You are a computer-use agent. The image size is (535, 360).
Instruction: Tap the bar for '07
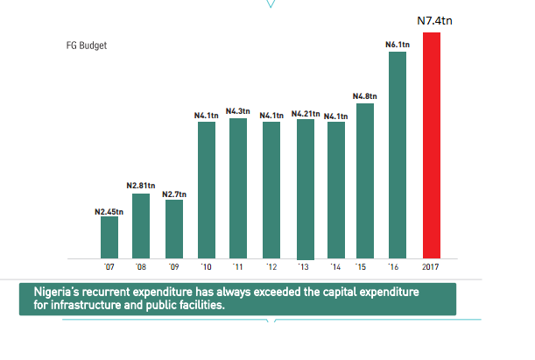click(x=109, y=237)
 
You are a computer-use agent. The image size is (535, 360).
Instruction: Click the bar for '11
click(x=238, y=188)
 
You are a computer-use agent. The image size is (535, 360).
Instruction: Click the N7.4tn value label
click(x=433, y=19)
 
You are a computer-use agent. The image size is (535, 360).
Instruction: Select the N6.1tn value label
click(x=398, y=44)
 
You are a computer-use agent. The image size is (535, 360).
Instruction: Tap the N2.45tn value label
click(x=109, y=211)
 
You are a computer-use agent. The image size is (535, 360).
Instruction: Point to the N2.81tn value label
click(x=141, y=186)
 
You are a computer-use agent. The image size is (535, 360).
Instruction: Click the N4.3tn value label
click(x=237, y=111)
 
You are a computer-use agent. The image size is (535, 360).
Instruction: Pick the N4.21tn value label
click(x=306, y=114)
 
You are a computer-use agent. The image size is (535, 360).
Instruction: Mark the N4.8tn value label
click(x=365, y=95)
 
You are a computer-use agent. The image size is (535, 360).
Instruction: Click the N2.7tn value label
click(x=174, y=193)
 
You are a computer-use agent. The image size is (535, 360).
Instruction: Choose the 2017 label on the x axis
click(x=431, y=266)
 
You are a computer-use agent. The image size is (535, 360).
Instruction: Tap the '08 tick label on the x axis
click(x=141, y=266)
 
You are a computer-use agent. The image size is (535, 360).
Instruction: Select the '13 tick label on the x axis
click(x=304, y=266)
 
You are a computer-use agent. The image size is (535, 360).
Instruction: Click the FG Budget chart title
click(x=87, y=46)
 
